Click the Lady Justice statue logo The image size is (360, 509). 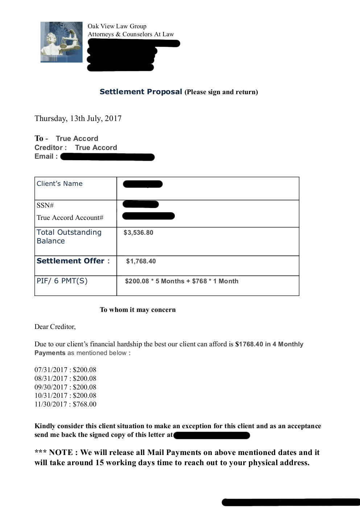click(61, 42)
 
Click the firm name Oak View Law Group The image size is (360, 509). click(117, 26)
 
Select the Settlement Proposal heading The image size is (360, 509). click(141, 92)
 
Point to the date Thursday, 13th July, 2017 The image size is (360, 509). click(78, 118)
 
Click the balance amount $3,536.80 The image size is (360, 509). click(138, 233)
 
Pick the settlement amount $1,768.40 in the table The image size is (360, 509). click(141, 261)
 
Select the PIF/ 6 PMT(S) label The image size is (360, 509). click(62, 281)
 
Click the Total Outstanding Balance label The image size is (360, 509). click(69, 237)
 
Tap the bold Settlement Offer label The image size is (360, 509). click(70, 261)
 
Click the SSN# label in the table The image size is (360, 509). click(45, 205)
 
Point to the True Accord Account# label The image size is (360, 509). click(70, 218)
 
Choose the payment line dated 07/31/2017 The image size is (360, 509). click(65, 370)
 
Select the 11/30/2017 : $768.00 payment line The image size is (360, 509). click(65, 404)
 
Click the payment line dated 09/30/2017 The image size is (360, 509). click(65, 387)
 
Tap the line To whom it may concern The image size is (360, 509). click(138, 310)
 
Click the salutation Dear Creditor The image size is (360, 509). click(55, 327)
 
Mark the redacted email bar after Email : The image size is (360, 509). click(107, 157)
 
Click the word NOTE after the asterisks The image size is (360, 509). click(61, 452)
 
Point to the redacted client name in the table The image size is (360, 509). click(142, 184)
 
